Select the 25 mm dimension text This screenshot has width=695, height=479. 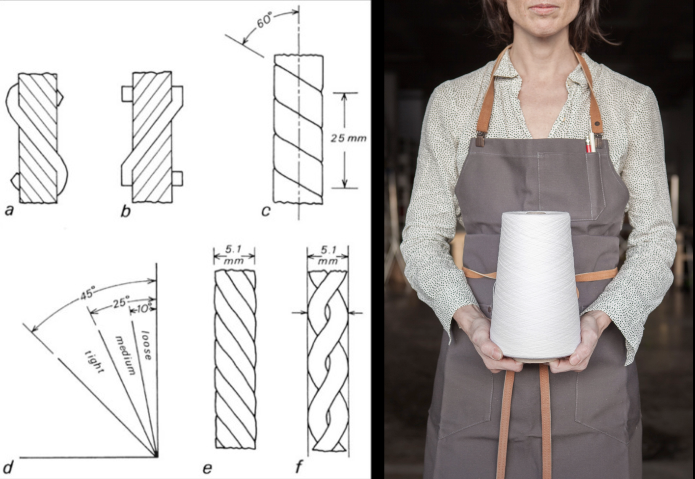348,138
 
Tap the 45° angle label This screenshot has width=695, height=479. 87,293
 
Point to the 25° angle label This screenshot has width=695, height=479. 120,302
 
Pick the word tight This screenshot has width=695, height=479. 94,362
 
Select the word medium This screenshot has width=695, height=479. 125,355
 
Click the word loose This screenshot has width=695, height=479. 146,345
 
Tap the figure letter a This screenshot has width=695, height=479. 9,211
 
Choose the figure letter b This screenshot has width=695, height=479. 125,211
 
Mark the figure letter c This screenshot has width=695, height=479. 266,211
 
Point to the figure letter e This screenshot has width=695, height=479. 207,469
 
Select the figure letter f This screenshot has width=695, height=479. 298,466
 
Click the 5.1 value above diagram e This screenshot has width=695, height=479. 233,249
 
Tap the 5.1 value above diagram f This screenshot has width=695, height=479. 328,250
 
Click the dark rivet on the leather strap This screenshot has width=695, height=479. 597,124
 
